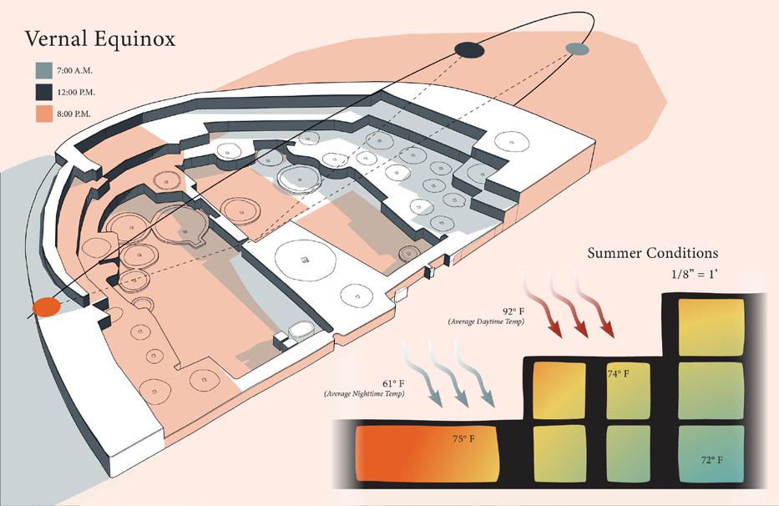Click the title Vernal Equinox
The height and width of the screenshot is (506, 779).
point(99,40)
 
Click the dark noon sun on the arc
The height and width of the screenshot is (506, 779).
point(469,50)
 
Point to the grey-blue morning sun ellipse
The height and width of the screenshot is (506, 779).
point(577,49)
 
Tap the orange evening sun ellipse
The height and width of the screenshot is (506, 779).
point(47,307)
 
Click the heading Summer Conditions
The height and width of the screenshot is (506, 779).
point(652,253)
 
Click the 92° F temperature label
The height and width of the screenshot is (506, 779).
point(513,311)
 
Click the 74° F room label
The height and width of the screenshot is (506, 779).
point(618,375)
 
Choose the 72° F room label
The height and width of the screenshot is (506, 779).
point(711,460)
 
